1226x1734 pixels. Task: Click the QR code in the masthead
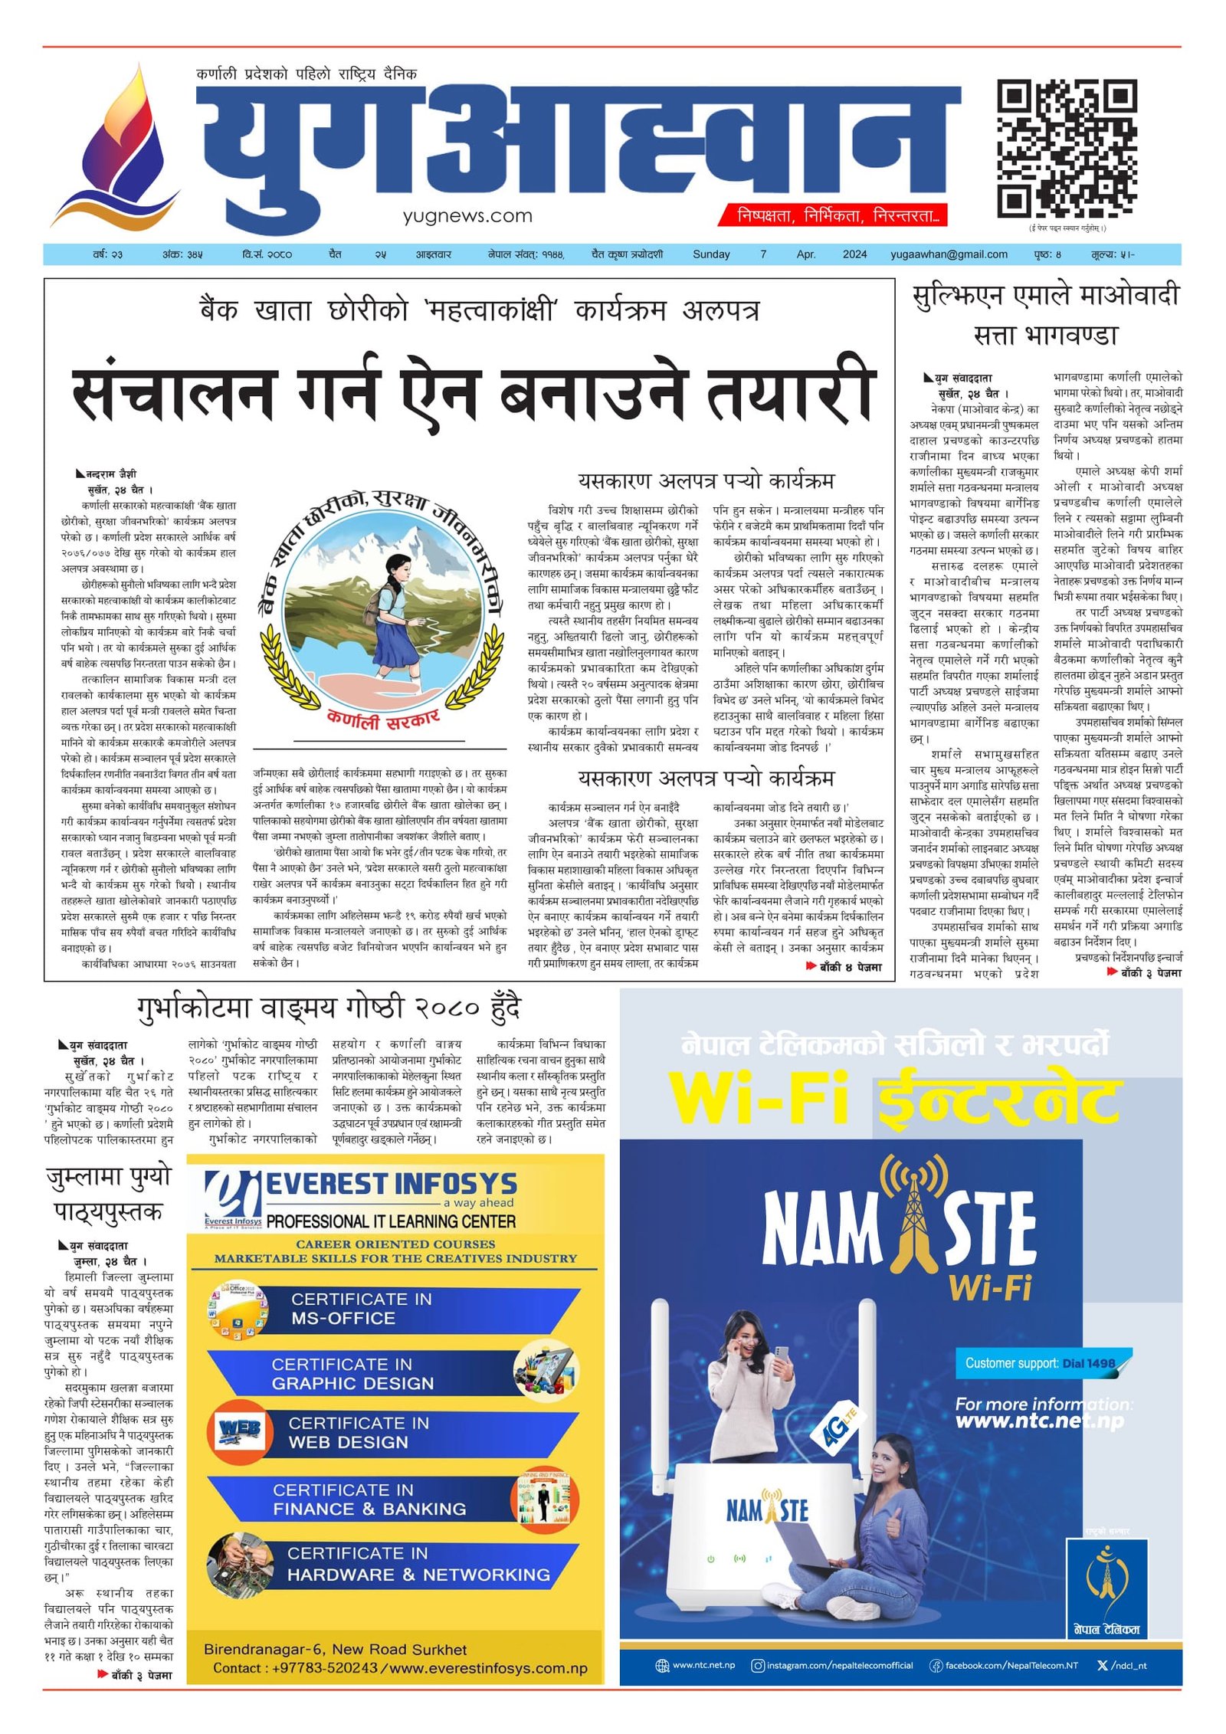point(1066,149)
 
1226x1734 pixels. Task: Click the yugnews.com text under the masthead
point(467,216)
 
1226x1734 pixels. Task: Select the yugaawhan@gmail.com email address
point(948,254)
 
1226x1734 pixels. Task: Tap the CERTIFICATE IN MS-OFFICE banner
point(383,1308)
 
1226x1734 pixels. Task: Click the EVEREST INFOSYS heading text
point(391,1184)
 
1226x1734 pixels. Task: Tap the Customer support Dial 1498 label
point(1040,1363)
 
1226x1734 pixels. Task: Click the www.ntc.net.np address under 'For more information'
point(1039,1421)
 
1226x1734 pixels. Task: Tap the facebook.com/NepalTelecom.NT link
point(1003,1665)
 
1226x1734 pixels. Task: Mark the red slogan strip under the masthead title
point(831,215)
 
